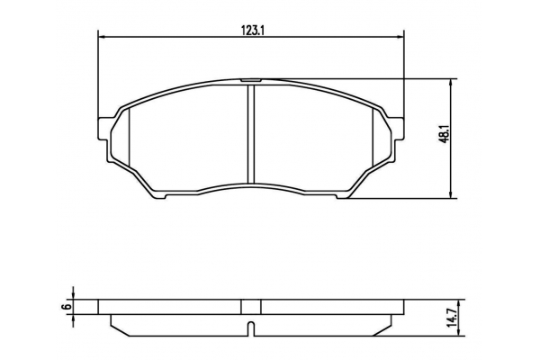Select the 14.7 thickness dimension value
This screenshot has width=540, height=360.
click(453, 318)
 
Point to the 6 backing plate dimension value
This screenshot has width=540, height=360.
click(68, 306)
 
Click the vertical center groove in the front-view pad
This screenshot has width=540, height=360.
click(251, 134)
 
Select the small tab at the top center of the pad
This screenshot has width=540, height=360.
click(251, 80)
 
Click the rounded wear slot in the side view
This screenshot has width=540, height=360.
click(251, 328)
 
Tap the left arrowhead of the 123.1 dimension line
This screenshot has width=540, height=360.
click(101, 37)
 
